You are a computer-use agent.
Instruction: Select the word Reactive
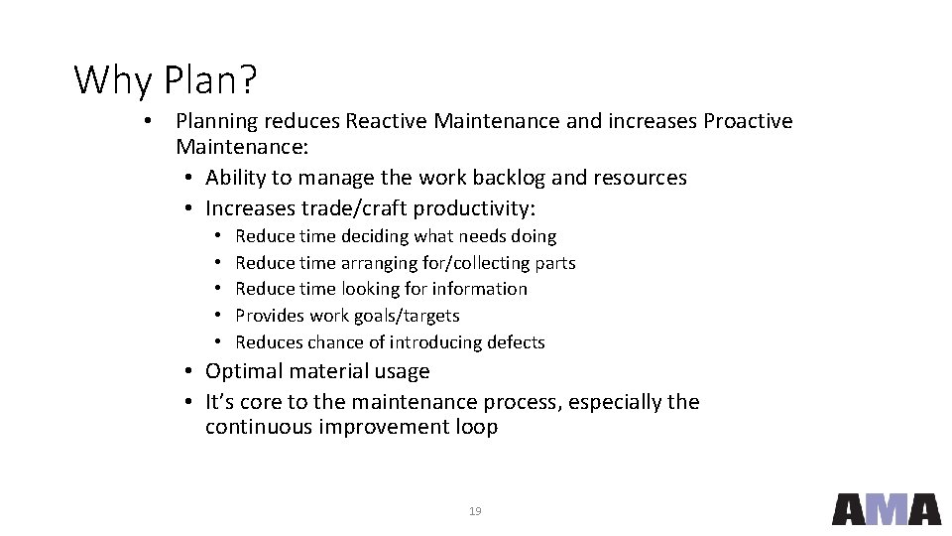(x=388, y=121)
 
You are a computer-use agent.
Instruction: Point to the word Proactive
(x=748, y=121)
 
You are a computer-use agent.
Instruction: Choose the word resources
(x=640, y=178)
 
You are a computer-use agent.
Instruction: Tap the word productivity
(x=472, y=208)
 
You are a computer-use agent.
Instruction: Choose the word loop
(x=476, y=428)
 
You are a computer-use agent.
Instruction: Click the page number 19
(x=475, y=511)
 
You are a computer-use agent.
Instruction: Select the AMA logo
(x=886, y=508)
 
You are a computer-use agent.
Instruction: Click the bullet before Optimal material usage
(x=188, y=372)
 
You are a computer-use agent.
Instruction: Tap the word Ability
(x=235, y=179)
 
